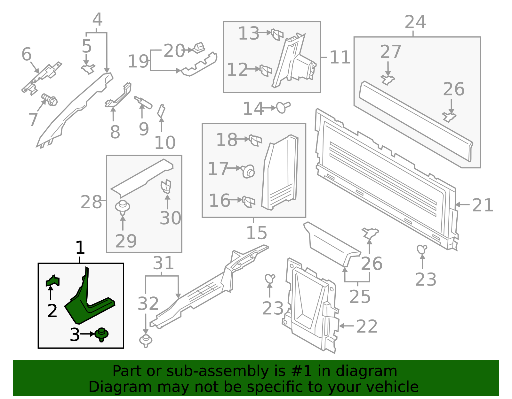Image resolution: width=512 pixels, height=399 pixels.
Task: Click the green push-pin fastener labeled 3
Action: point(102,334)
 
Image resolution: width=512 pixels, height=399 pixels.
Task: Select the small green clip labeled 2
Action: point(53,281)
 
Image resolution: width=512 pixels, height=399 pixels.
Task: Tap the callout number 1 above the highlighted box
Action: point(80,248)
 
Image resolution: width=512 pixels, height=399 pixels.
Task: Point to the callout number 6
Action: point(27,54)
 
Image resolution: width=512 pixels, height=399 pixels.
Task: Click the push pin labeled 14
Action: point(283,107)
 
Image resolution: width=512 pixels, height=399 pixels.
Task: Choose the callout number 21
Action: point(483,205)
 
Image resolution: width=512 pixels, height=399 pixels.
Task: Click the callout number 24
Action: point(415,22)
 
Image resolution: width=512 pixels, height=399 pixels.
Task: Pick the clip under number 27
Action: point(388,79)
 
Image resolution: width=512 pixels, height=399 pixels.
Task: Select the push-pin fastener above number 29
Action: point(123,207)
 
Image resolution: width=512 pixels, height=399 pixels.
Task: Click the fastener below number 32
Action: point(146,341)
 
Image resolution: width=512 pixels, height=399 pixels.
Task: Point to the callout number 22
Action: point(367,326)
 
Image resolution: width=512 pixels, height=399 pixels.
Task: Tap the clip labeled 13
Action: point(277,34)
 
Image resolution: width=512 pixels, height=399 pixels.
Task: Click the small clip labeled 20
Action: point(199,48)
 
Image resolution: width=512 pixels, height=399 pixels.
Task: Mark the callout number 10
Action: point(165,142)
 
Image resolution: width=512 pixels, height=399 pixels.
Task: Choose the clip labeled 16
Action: point(248,201)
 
